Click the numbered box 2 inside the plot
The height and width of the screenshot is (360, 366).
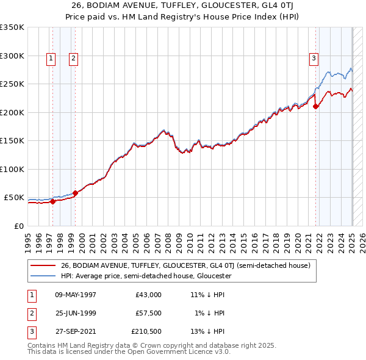click(73, 59)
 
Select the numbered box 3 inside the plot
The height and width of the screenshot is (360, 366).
click(314, 59)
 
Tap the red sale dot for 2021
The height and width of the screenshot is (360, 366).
click(316, 106)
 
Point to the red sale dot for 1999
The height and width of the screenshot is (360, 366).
click(75, 193)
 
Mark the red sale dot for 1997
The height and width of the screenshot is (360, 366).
click(52, 201)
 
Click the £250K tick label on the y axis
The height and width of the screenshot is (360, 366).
click(12, 84)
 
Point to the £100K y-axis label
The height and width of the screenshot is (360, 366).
click(12, 169)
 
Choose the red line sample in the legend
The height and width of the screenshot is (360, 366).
click(44, 265)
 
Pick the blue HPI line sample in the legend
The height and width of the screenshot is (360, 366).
click(44, 276)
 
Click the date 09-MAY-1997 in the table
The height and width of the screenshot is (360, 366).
click(76, 295)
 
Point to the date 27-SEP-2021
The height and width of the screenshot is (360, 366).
click(76, 331)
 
